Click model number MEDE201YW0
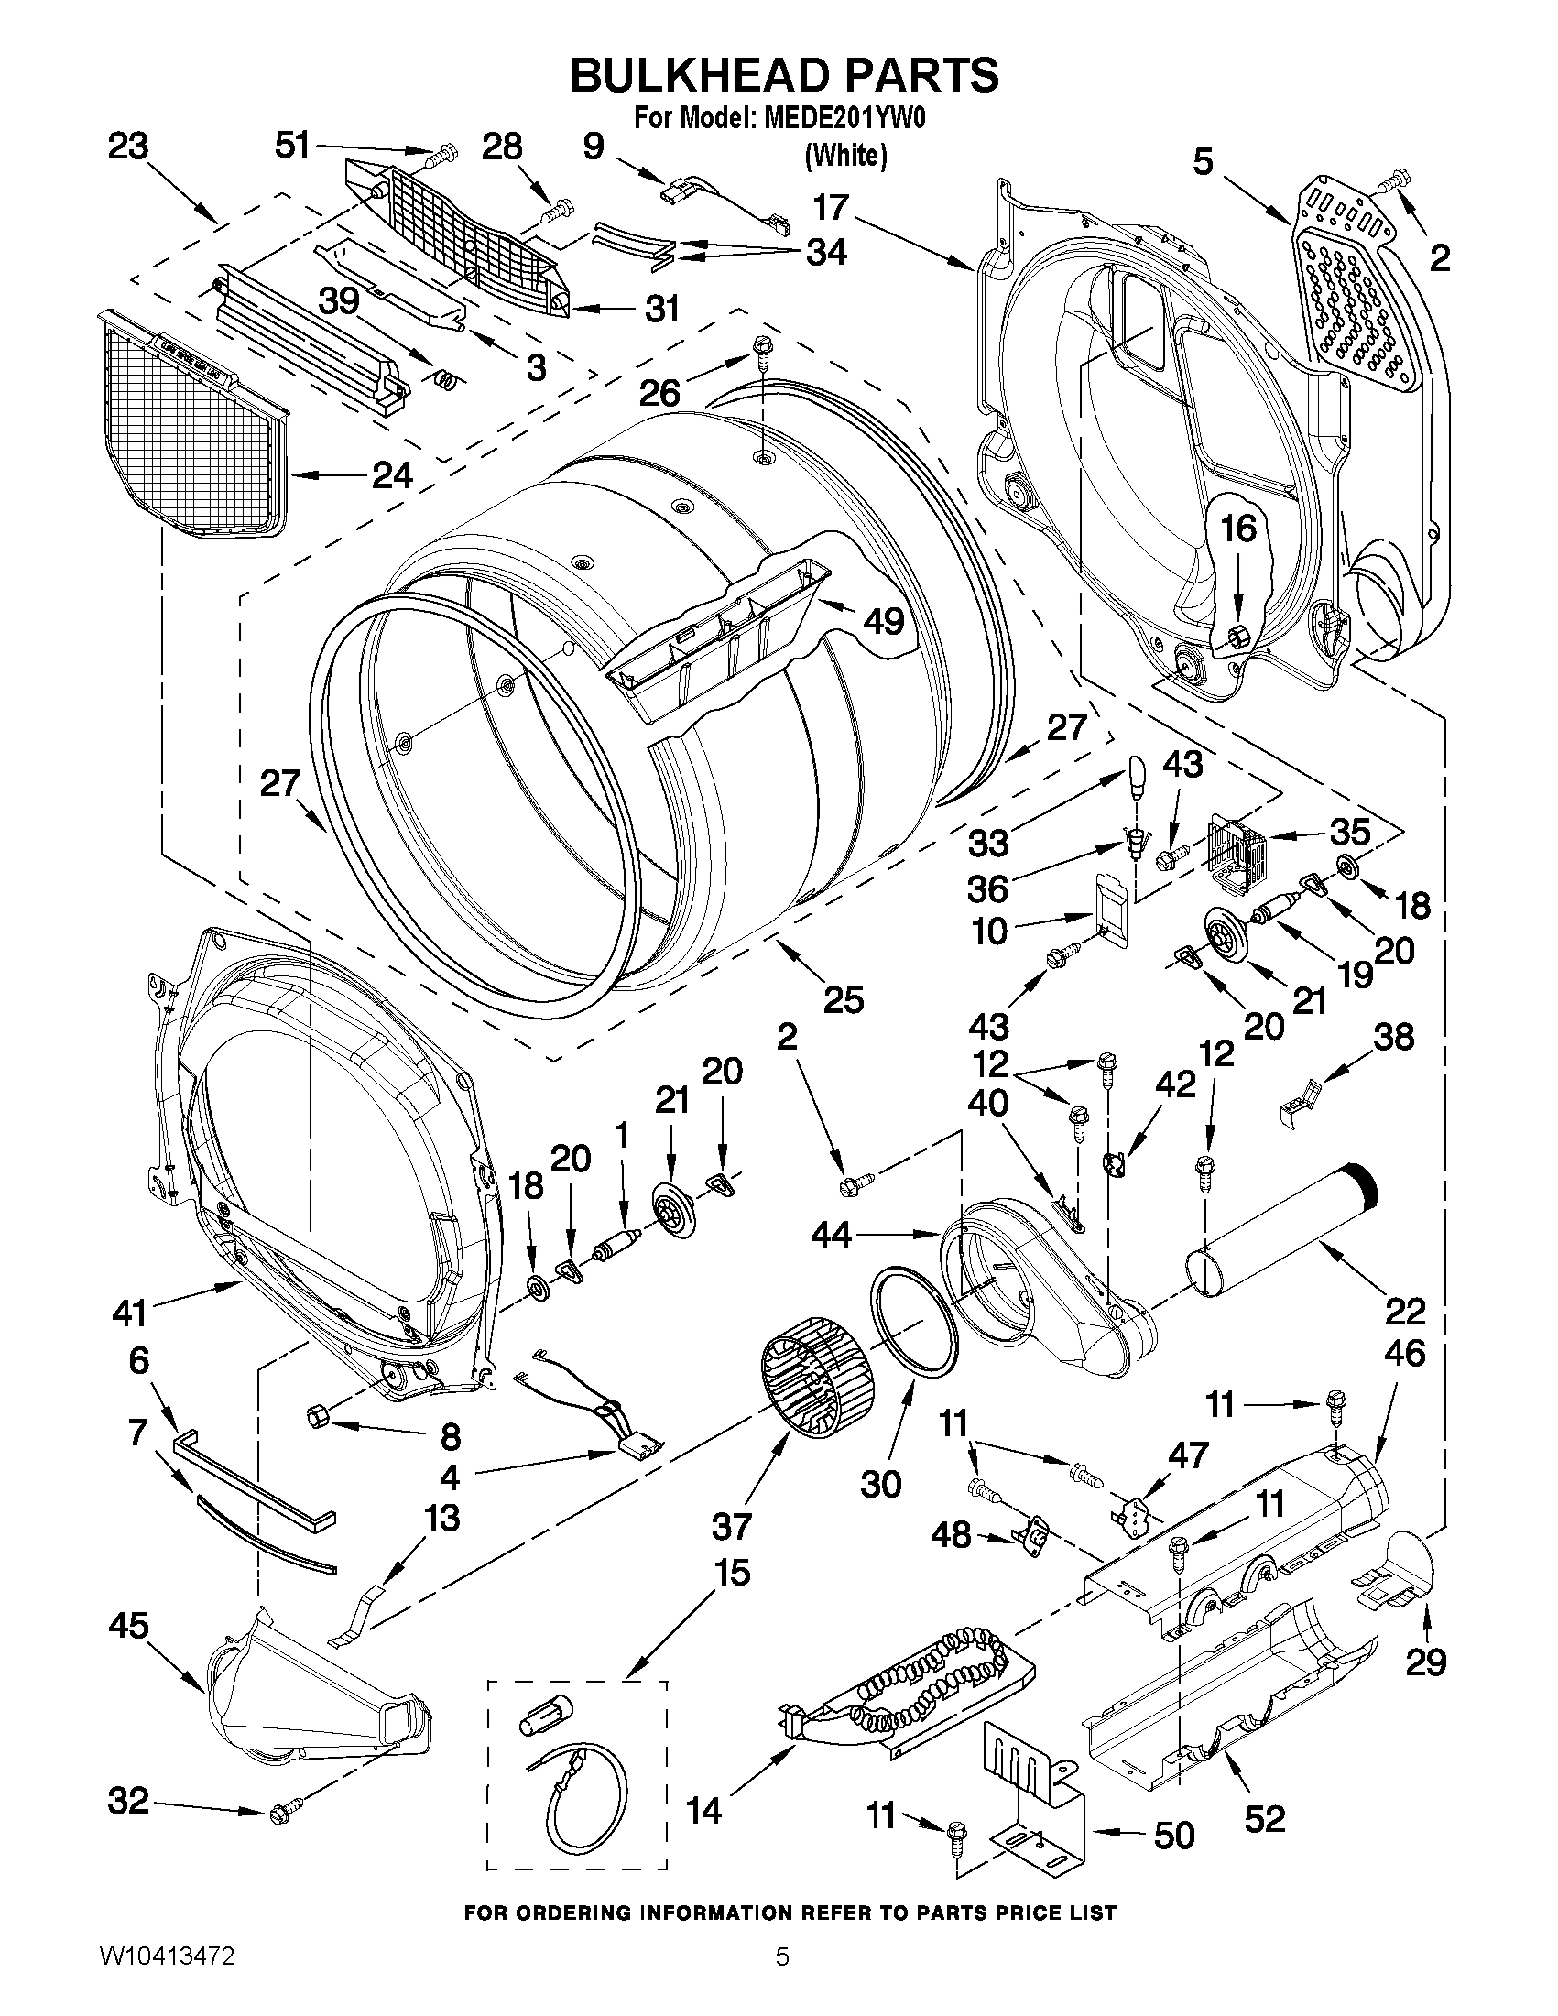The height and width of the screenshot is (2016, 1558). (841, 120)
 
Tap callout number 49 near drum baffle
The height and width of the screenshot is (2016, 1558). (882, 621)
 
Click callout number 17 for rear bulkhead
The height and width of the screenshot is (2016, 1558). (831, 208)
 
